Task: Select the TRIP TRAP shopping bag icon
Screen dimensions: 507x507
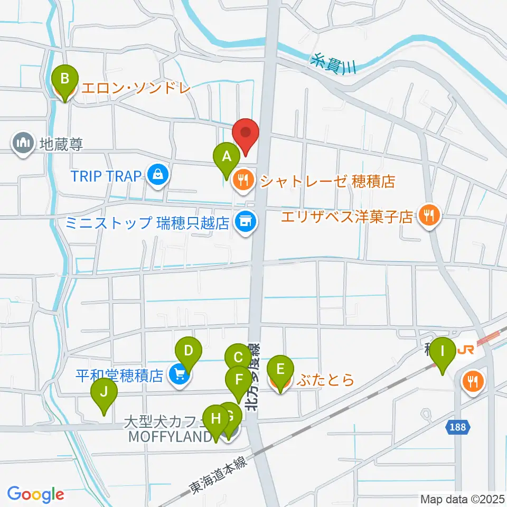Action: point(157,176)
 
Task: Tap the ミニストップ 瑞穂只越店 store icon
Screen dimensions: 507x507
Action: point(244,222)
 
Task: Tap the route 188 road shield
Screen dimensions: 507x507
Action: point(458,427)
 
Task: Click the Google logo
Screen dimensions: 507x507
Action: point(35,494)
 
